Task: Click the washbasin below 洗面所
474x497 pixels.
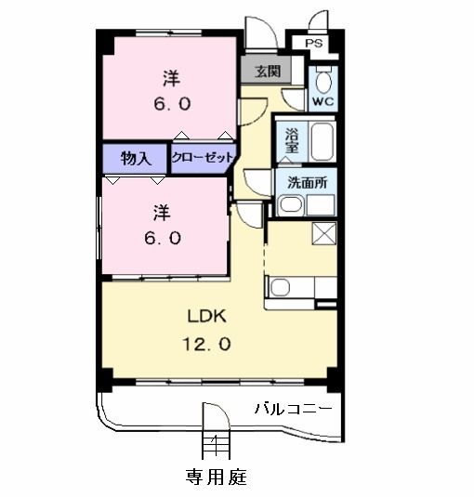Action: click(290, 205)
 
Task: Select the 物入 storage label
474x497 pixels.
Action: click(136, 158)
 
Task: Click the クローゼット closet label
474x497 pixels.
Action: click(203, 158)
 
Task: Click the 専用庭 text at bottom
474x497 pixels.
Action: click(215, 477)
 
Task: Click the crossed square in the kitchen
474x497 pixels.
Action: click(323, 233)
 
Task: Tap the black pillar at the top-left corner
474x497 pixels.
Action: click(105, 40)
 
